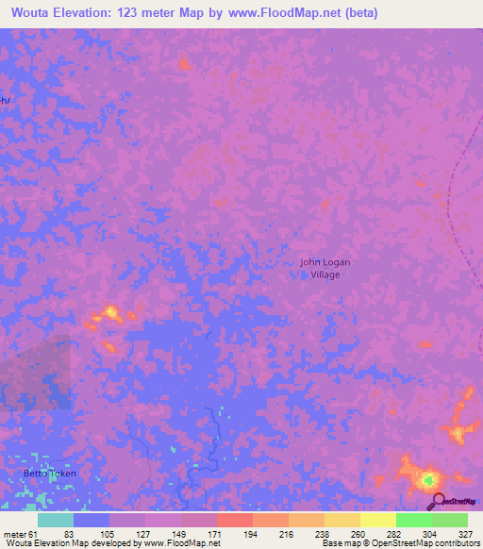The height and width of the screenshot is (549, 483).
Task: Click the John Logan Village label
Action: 319,268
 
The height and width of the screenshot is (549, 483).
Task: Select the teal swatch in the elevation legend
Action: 56,520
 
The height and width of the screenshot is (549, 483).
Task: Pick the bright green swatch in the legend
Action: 413,520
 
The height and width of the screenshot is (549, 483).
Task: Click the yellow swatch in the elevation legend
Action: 377,520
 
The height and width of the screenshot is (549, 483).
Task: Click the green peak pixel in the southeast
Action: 430,479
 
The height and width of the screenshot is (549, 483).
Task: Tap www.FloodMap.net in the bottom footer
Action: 185,543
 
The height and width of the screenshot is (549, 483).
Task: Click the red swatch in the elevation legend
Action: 234,520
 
